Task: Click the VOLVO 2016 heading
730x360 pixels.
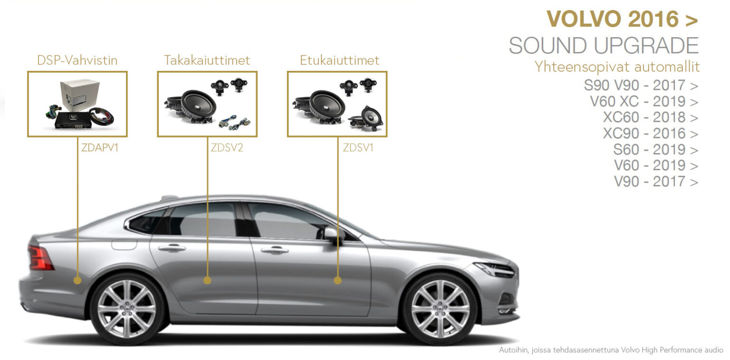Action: tap(622, 19)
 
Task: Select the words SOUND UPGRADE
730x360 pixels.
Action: tap(604, 46)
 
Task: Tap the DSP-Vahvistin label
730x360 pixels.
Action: tap(77, 60)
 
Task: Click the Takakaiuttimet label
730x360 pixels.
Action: tap(207, 60)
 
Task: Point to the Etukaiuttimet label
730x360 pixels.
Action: tap(339, 60)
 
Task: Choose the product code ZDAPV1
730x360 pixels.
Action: tap(99, 148)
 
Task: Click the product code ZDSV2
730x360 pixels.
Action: tap(227, 148)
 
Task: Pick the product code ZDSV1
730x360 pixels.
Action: tap(358, 148)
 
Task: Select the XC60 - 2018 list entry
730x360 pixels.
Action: tap(651, 117)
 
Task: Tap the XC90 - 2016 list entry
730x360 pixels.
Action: tap(651, 133)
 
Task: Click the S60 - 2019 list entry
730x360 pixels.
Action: tap(656, 149)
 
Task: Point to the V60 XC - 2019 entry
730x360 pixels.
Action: tap(644, 101)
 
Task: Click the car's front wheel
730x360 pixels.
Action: tap(440, 309)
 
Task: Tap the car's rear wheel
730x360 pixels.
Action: tap(127, 309)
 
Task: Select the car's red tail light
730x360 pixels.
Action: tap(40, 258)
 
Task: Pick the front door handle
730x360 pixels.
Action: tap(274, 250)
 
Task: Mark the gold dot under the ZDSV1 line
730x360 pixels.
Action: tap(337, 280)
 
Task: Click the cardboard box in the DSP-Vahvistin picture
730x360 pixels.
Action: tap(80, 95)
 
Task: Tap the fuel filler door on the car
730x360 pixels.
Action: tap(124, 244)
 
